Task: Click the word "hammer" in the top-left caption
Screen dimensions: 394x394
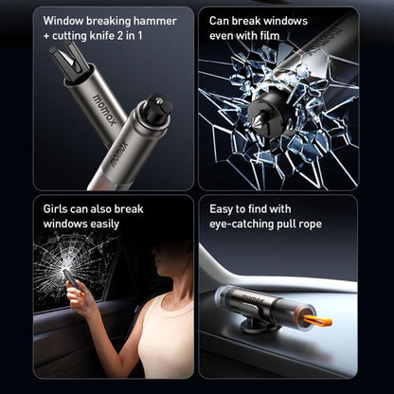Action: tap(141, 19)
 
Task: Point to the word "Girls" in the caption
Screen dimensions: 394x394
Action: tap(60, 207)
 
